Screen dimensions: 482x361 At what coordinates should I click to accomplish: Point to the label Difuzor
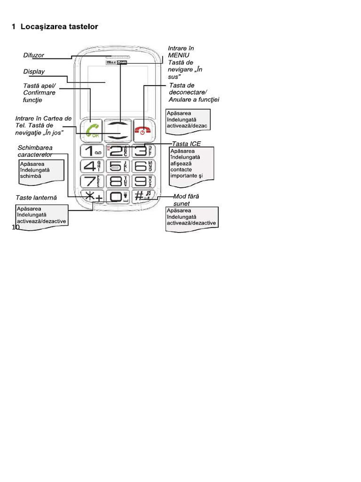tap(33, 56)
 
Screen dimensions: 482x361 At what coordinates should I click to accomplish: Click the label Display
tap(34, 72)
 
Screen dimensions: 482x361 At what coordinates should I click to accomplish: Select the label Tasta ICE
tap(187, 144)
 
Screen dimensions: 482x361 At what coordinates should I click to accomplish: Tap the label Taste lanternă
tap(36, 198)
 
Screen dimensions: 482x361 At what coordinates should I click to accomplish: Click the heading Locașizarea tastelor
tap(55, 27)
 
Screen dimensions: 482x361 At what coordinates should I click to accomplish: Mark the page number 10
tap(16, 228)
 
